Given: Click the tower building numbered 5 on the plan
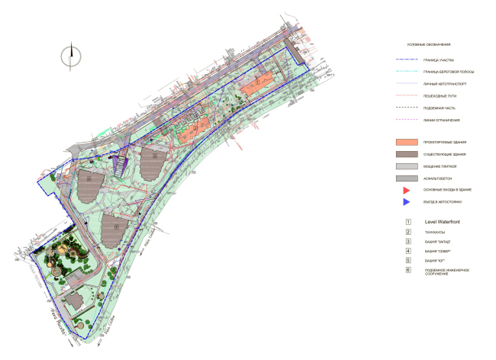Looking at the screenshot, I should tap(116, 227).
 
